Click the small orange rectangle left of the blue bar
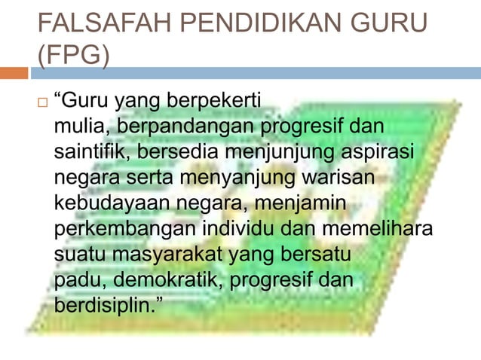pyautogui.click(x=14, y=73)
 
